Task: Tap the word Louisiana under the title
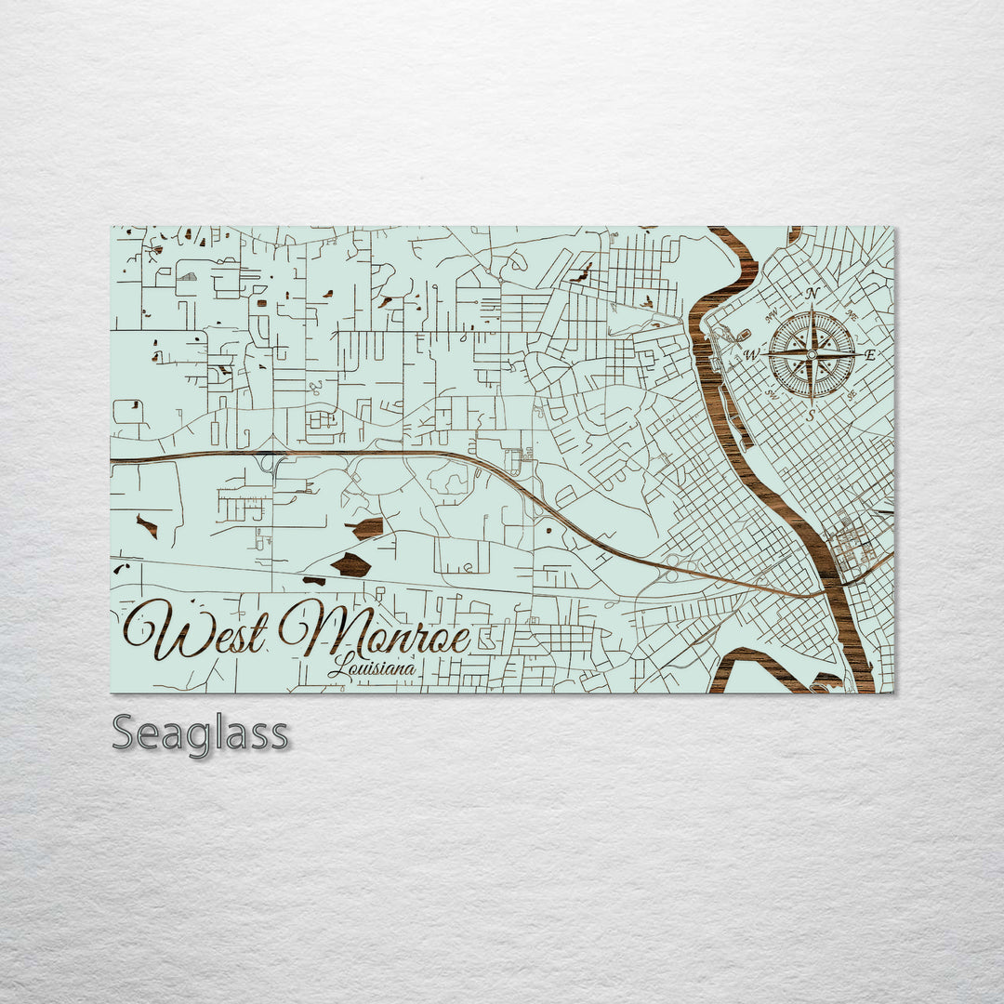pos(371,667)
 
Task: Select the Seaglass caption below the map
pos(200,733)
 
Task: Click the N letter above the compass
pos(812,294)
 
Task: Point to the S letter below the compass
pos(812,415)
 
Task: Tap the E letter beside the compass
pos(870,354)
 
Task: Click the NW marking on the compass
pos(772,316)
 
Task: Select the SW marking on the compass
pos(772,392)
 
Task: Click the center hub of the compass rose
pos(812,354)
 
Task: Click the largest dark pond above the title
pos(351,563)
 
